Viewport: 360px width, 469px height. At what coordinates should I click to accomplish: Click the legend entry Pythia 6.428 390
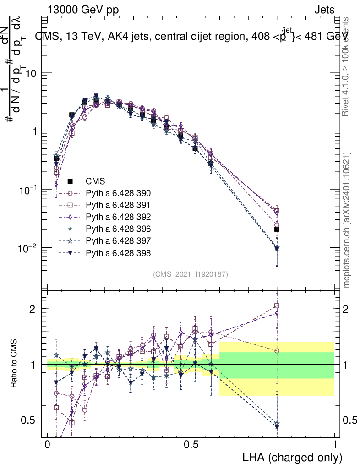[118, 193]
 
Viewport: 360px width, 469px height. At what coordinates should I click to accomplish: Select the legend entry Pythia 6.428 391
[118, 205]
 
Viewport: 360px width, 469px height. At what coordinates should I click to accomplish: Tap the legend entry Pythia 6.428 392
[118, 217]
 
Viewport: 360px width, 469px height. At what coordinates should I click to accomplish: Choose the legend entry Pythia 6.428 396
[118, 229]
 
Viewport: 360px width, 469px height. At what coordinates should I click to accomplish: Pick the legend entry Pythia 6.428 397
[118, 240]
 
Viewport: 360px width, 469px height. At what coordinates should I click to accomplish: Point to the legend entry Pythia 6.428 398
[118, 252]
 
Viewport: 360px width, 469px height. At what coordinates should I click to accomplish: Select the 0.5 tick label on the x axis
[191, 445]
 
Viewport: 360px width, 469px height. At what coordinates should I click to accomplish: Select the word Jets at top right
[324, 9]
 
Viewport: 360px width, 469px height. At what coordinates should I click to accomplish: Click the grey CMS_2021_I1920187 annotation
[191, 274]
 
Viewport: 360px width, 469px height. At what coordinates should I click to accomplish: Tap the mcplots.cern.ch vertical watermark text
[347, 220]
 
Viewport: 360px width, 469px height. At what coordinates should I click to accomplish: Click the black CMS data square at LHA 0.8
[277, 229]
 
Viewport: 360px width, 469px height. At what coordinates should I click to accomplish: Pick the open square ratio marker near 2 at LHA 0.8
[277, 305]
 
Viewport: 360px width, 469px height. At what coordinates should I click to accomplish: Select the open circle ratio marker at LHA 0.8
[277, 351]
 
